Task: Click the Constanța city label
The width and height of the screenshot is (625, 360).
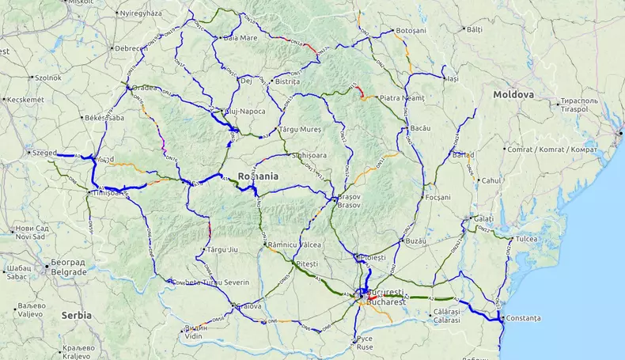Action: [523, 318]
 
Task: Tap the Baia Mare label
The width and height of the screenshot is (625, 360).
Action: [241, 37]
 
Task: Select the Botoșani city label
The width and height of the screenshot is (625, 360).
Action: [411, 30]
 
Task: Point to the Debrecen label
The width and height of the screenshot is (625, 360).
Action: [131, 48]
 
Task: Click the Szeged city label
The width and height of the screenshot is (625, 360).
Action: [45, 153]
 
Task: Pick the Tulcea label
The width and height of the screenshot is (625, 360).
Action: [526, 238]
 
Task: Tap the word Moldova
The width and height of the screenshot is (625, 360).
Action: [513, 94]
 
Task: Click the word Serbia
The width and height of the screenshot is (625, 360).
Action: [77, 315]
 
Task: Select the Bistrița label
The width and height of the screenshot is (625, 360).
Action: [286, 81]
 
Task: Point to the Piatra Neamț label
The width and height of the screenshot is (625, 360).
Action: [402, 98]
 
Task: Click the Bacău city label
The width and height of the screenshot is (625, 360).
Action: [420, 128]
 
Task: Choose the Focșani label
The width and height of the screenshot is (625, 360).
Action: [437, 197]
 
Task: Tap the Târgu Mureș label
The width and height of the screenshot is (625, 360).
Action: [301, 128]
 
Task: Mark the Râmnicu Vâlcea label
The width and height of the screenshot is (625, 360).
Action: [294, 245]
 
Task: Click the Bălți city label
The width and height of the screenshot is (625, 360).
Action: [474, 29]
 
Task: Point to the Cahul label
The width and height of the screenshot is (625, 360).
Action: [491, 180]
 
